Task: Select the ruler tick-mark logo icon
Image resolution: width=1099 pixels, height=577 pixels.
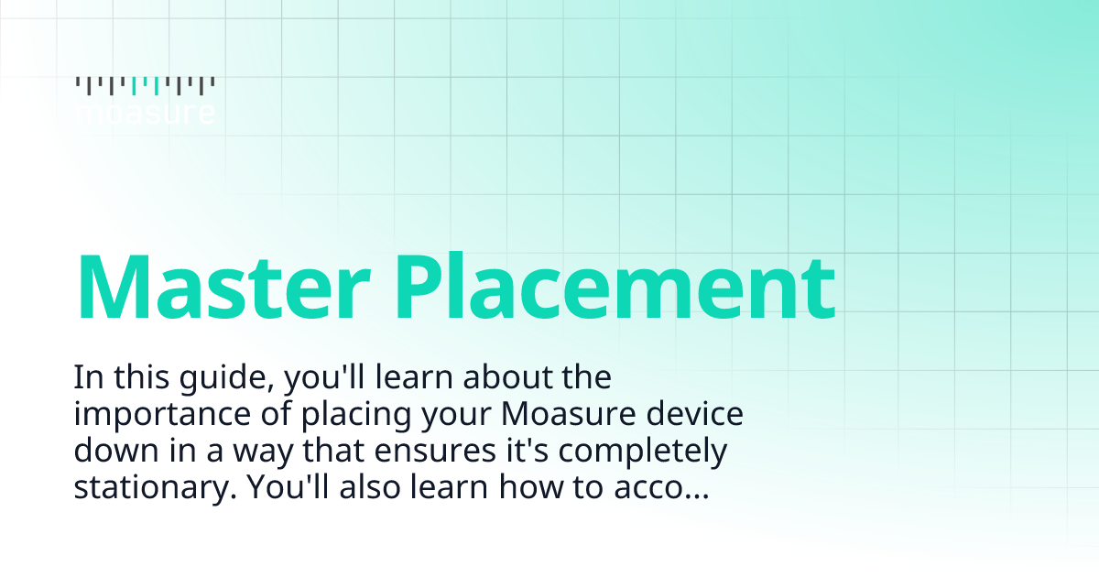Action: tap(146, 86)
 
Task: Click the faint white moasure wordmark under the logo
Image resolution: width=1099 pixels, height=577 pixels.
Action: tap(146, 114)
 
